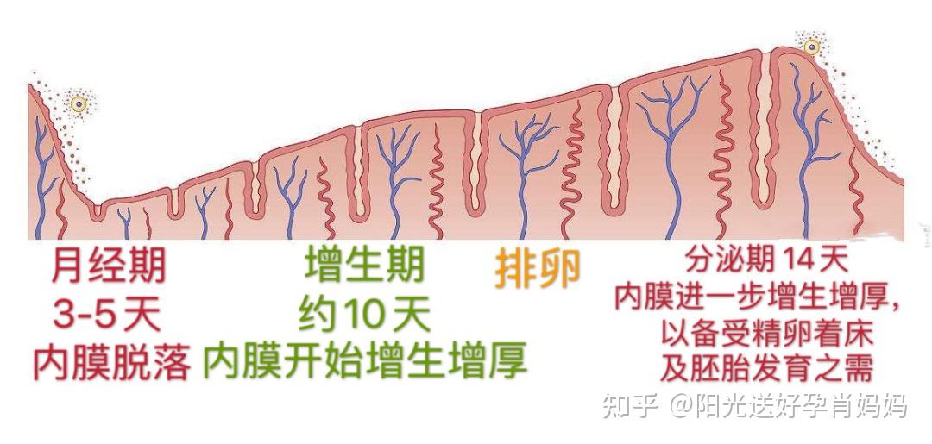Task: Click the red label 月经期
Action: coord(109,266)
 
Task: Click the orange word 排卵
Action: coord(538,271)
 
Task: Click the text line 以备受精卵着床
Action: coord(767,335)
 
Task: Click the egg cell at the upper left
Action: coord(78,104)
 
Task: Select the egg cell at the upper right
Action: coord(811,47)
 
